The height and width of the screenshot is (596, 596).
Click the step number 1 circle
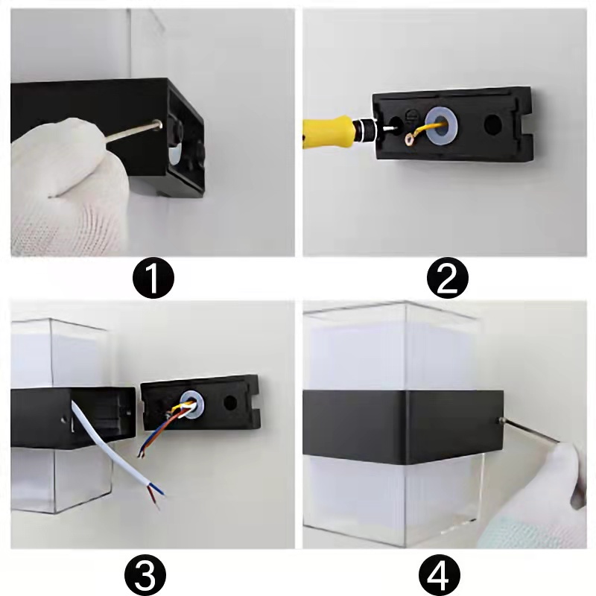click(153, 278)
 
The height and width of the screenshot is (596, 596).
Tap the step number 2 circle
click(448, 278)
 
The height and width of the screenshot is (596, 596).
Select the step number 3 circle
click(145, 575)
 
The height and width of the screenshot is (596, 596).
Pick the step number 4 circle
click(440, 575)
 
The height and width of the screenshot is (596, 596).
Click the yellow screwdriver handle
click(327, 132)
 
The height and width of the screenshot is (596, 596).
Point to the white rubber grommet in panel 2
click(441, 124)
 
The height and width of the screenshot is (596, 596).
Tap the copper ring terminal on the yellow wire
click(411, 139)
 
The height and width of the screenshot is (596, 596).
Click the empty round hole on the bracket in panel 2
click(493, 124)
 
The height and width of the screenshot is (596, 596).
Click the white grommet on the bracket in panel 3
click(192, 402)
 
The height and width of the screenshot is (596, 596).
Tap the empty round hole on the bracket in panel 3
click(230, 403)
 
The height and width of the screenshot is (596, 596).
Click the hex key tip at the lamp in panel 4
click(501, 420)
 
